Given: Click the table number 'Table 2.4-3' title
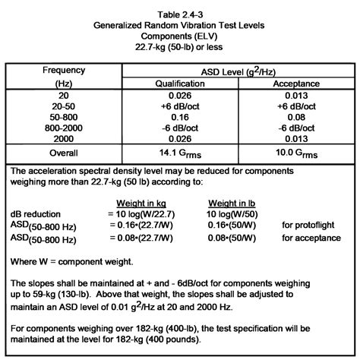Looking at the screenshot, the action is pyautogui.click(x=179, y=13).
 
